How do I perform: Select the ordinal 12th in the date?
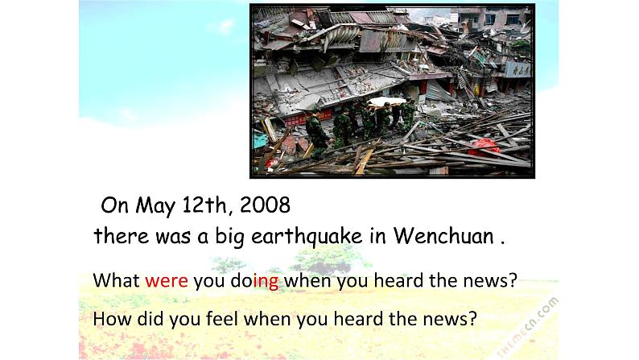203,205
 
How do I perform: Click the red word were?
167,281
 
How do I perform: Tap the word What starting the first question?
117,281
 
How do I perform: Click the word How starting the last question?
110,318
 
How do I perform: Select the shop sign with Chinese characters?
517,68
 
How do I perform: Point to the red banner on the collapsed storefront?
305,118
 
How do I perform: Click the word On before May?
115,205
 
